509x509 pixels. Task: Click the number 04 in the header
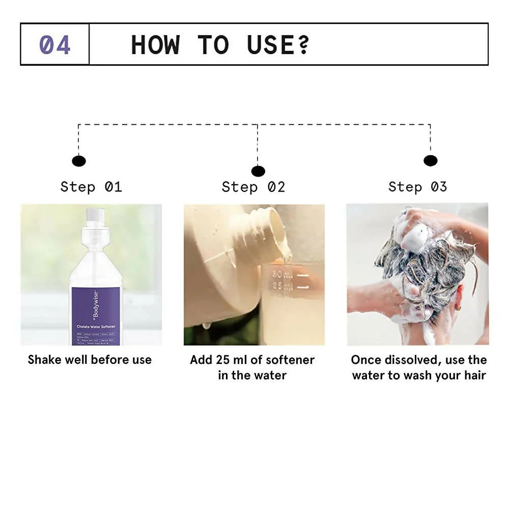[54, 45]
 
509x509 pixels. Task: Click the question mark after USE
[304, 45]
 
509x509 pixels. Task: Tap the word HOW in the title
[155, 45]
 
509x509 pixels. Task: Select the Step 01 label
[91, 187]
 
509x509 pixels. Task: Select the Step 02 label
[253, 187]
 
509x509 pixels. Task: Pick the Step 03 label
[417, 187]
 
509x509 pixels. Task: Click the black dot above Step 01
[78, 161]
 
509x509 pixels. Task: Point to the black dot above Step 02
[258, 171]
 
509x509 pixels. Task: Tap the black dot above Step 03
[430, 161]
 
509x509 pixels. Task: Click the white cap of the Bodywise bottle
[95, 215]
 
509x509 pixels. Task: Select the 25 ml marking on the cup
[281, 287]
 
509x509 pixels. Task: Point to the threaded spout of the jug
[272, 229]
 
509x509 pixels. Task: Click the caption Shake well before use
[90, 360]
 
